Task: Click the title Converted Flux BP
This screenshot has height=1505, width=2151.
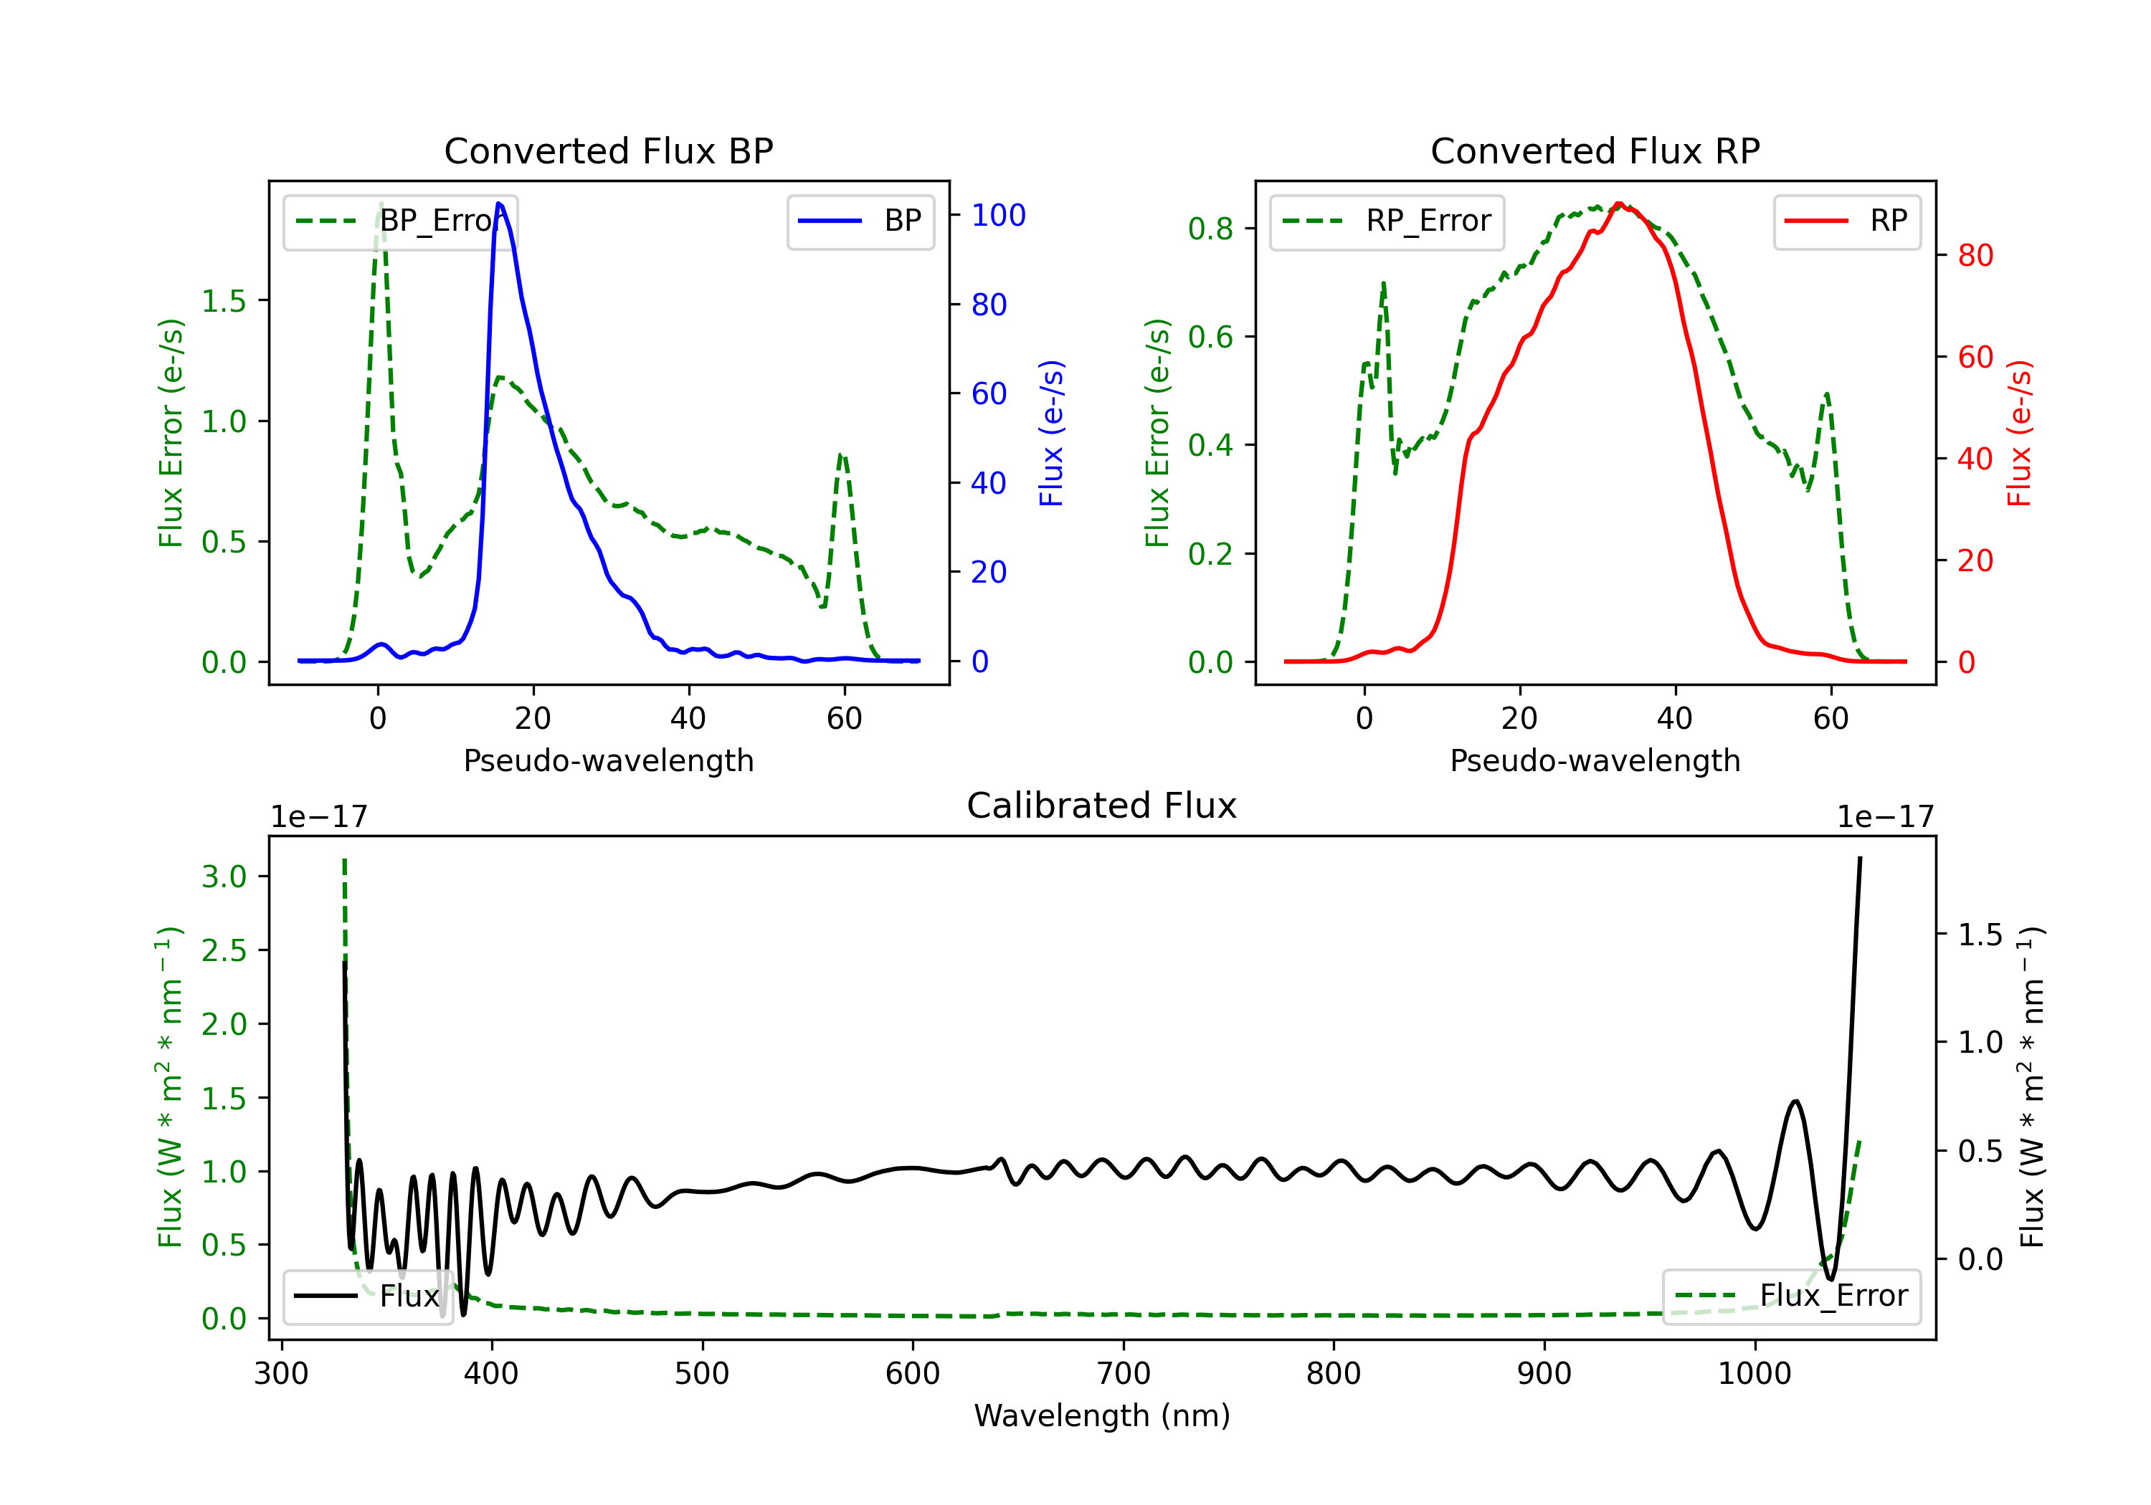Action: coord(608,150)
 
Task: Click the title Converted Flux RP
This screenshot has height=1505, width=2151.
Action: coord(1595,150)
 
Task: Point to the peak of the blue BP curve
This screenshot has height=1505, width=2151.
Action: coord(498,204)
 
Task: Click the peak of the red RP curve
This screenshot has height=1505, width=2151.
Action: coord(1619,204)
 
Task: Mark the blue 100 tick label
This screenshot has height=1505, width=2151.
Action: coord(998,216)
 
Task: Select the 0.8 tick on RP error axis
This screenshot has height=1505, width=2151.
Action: coord(1210,229)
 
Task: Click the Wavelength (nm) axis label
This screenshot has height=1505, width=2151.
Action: coord(1102,1415)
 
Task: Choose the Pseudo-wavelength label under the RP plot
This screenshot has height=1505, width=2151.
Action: coord(1595,760)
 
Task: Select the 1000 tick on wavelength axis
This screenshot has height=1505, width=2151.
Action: coord(1754,1374)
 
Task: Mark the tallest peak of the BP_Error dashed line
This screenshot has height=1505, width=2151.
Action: coord(380,204)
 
